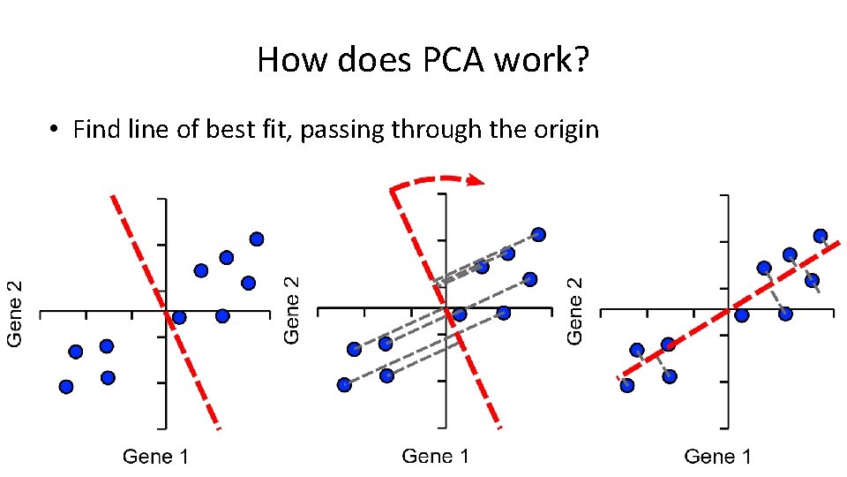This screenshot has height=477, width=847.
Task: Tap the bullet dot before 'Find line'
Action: click(x=55, y=131)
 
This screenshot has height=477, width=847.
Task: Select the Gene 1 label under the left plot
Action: click(x=155, y=457)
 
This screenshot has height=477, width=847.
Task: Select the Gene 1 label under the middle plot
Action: click(x=436, y=456)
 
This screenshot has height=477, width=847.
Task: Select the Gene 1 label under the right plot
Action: click(x=718, y=457)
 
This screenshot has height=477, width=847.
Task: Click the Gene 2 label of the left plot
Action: click(x=16, y=313)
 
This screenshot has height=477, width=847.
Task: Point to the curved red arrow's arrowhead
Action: click(x=477, y=181)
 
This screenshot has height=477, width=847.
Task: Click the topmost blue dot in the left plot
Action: click(x=257, y=238)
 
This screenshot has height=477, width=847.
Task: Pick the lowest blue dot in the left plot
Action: click(x=66, y=386)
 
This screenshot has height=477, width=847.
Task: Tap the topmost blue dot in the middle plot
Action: click(x=538, y=234)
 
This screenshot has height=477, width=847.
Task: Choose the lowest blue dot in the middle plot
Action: click(x=345, y=384)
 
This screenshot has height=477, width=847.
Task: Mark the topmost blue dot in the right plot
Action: click(x=821, y=236)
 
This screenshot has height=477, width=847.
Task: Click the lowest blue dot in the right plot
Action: click(x=627, y=385)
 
